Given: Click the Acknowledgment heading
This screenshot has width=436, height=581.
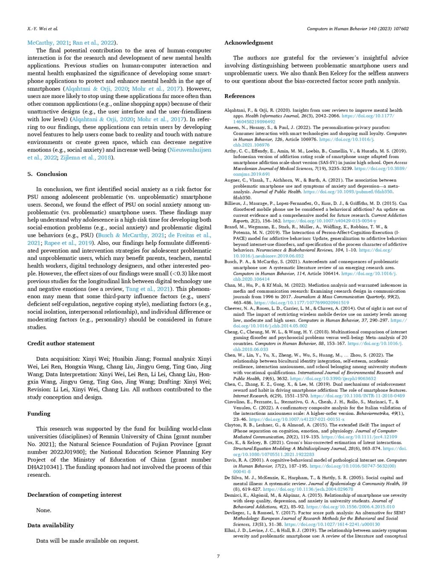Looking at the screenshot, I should (x=249, y=43).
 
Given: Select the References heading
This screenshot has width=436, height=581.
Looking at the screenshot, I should (x=239, y=96).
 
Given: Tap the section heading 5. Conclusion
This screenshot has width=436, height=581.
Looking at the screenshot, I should (x=47, y=174).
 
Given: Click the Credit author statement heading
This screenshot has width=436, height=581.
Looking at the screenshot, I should (x=61, y=343).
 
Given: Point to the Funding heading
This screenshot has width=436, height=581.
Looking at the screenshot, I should (x=39, y=414).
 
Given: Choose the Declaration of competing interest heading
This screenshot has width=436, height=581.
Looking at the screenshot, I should (x=75, y=495).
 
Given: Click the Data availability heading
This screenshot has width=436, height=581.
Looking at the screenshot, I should (x=51, y=526).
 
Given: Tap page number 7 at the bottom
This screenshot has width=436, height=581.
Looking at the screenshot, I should (x=218, y=556).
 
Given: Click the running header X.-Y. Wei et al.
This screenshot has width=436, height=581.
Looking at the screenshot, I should (x=42, y=29).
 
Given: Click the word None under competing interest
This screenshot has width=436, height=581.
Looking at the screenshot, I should (x=43, y=510).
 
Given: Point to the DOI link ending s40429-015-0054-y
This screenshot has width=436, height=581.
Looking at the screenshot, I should (x=330, y=221).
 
